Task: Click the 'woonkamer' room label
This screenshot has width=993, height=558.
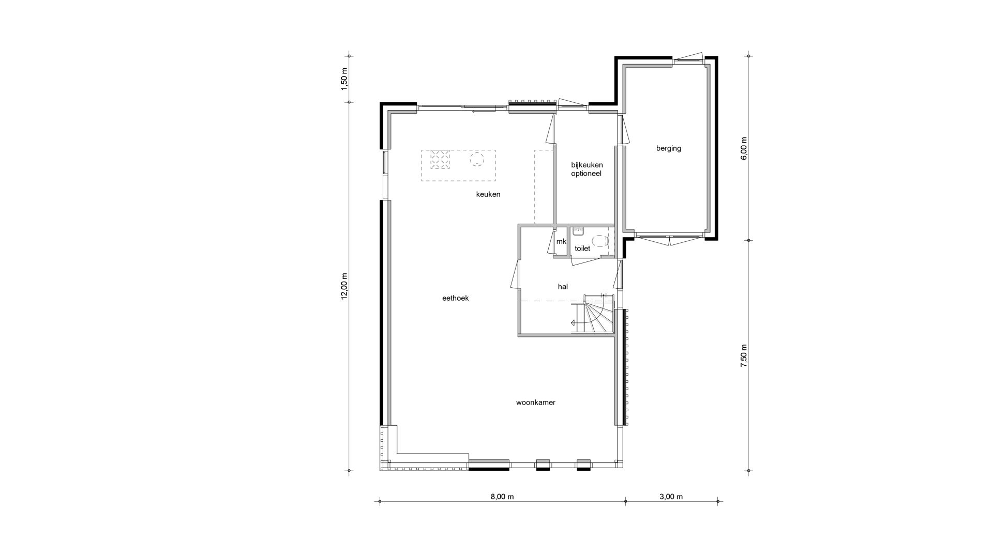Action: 535,402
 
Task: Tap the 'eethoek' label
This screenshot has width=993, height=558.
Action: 455,298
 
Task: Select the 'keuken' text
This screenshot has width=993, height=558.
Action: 488,194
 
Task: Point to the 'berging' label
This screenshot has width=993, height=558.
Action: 668,148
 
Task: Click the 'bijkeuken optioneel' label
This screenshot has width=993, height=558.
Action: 586,169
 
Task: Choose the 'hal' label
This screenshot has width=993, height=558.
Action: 563,286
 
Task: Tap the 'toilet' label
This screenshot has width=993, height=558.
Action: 582,249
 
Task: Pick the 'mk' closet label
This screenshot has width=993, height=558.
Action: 561,241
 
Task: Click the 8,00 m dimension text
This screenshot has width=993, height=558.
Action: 502,497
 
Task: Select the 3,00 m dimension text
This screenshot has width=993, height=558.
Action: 671,497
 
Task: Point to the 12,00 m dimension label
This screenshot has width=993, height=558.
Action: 344,286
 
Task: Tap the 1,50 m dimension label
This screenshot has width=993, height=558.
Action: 344,79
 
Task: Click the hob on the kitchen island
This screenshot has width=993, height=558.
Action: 440,160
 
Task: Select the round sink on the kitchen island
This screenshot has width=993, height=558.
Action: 476,159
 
